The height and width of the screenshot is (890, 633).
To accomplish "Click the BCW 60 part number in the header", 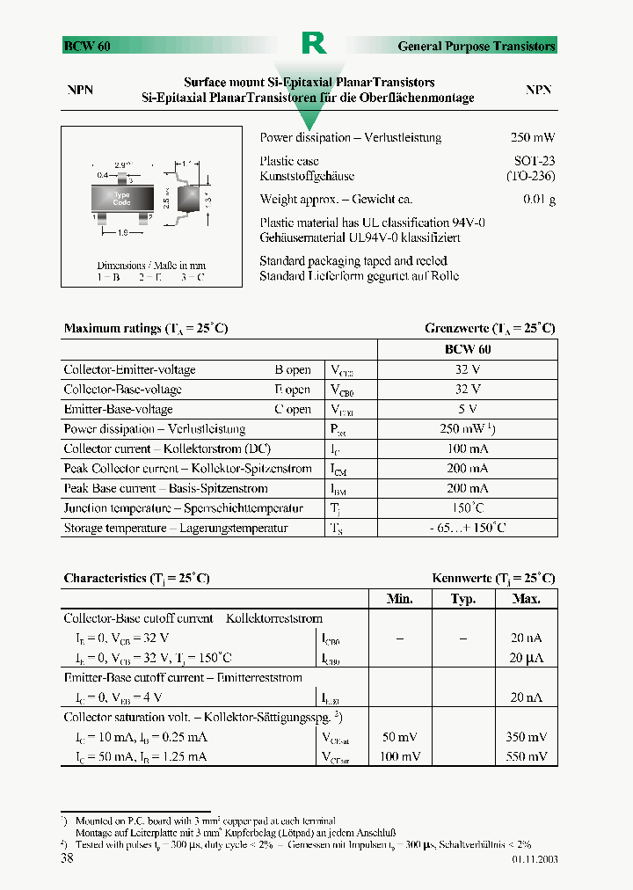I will [x=86, y=46].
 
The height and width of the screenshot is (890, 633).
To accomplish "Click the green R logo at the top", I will [x=314, y=43].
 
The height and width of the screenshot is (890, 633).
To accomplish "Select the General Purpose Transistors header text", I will [x=477, y=46].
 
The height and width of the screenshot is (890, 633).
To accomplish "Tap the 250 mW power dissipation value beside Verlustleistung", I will [x=532, y=137].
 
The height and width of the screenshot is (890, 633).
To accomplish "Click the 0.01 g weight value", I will [x=539, y=200].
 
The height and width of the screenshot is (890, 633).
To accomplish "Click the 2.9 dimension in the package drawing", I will [x=122, y=164].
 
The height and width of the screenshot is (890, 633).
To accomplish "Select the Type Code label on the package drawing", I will [x=122, y=198].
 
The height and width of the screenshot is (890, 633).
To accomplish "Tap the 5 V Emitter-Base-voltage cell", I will [x=468, y=409].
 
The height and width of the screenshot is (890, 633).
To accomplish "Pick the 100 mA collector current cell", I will [x=468, y=449].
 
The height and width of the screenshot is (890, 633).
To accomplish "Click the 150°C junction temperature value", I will [x=468, y=508].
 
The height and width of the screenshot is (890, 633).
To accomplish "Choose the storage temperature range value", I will [x=468, y=528].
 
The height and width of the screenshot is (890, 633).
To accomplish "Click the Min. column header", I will [x=400, y=599].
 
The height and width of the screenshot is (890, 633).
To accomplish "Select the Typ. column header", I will [x=463, y=599].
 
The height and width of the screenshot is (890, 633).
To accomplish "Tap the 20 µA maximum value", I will [x=527, y=658].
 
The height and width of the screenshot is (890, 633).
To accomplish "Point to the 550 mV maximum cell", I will [x=526, y=756].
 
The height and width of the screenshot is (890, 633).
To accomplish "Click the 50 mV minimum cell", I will [x=400, y=737].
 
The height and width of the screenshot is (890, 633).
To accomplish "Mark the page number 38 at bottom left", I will [x=67, y=858].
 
